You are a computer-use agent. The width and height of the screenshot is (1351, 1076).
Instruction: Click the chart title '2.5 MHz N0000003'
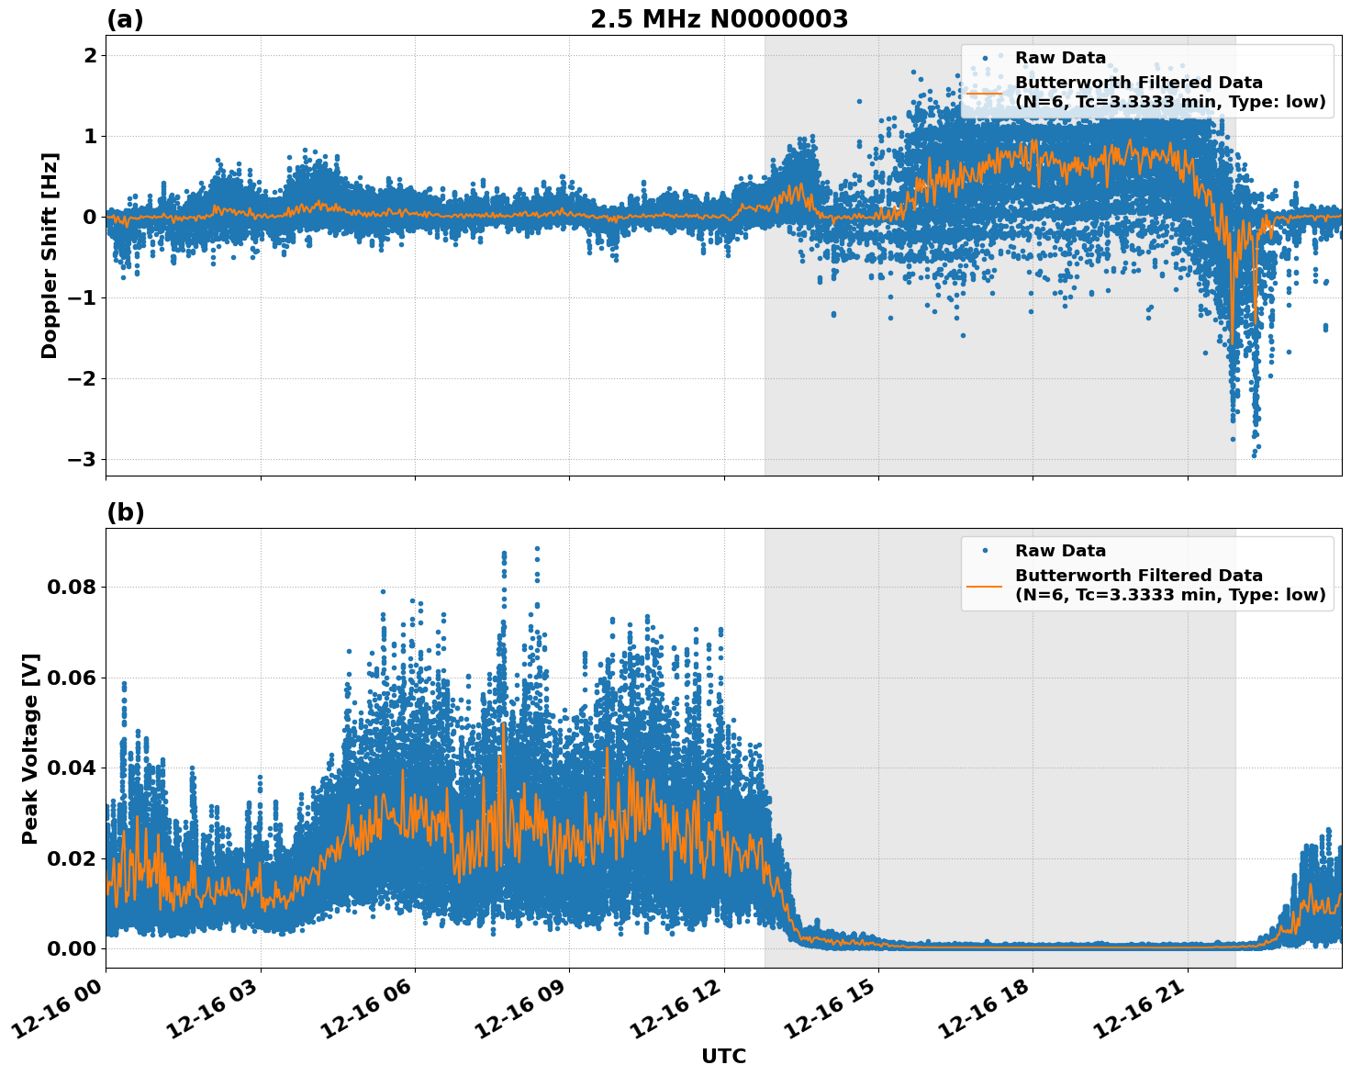pyautogui.click(x=719, y=19)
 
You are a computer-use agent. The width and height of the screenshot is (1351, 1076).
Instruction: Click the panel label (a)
pyautogui.click(x=125, y=19)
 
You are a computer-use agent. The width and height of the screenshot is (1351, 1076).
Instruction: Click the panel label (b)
pyautogui.click(x=125, y=512)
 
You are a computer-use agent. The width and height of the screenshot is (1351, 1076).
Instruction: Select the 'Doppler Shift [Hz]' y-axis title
pyautogui.click(x=50, y=255)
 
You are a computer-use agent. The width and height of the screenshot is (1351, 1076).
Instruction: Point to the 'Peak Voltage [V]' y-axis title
pyautogui.click(x=30, y=748)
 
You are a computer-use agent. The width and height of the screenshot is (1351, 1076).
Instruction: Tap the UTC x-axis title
pyautogui.click(x=723, y=1056)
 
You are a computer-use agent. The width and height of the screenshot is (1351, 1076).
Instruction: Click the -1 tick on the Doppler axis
pyautogui.click(x=84, y=297)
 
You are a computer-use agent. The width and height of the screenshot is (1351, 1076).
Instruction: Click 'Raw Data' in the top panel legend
pyautogui.click(x=1060, y=58)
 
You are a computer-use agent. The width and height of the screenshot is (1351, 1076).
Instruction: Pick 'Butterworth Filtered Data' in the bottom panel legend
pyautogui.click(x=1138, y=576)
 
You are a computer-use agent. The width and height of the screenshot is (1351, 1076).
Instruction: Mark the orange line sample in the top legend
pyautogui.click(x=985, y=93)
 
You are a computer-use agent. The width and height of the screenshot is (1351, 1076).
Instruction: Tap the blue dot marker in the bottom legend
pyautogui.click(x=985, y=551)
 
